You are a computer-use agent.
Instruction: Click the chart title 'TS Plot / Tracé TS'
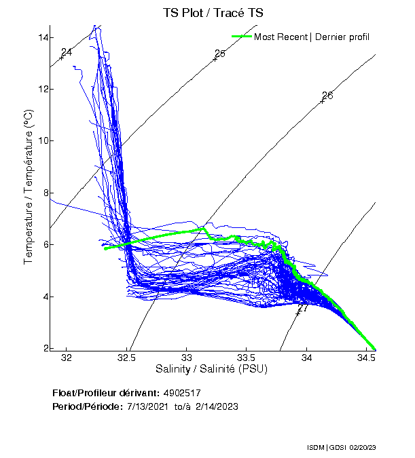coord(212,12)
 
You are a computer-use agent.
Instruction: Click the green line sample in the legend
coord(242,37)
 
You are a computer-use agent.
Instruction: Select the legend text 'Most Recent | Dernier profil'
coord(312,37)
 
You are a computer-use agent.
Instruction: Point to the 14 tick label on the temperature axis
coord(43,37)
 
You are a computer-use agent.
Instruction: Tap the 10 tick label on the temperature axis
coord(43,140)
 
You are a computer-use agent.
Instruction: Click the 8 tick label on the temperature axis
coord(45,193)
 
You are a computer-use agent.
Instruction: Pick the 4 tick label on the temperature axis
coord(45,297)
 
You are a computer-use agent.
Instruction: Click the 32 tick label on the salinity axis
coord(67,358)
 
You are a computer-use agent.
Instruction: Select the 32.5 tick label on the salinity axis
coord(127,358)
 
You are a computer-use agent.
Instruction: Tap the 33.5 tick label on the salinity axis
coord(247,358)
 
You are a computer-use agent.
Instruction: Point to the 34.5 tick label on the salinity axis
coord(367,358)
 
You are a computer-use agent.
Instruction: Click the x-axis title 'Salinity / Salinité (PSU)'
coord(212,369)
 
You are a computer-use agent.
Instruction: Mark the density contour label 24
coord(67,52)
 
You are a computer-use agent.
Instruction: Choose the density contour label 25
coord(219,54)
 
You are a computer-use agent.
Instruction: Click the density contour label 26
coord(327,95)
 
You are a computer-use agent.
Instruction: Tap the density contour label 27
coord(303,307)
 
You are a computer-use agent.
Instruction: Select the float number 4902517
coord(182,393)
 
